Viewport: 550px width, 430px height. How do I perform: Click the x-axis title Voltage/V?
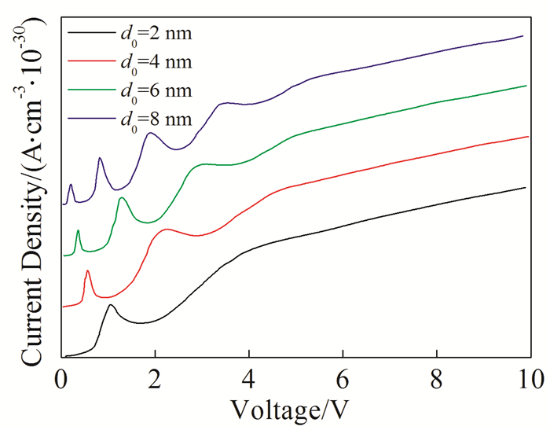click(x=295, y=410)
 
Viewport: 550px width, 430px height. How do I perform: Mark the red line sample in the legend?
click(x=90, y=61)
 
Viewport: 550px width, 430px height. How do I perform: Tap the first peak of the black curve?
click(x=111, y=305)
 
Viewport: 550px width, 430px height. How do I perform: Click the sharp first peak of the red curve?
click(x=87, y=270)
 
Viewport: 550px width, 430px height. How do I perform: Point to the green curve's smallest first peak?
click(x=78, y=230)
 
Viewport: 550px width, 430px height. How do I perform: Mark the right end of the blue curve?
click(x=522, y=35)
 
